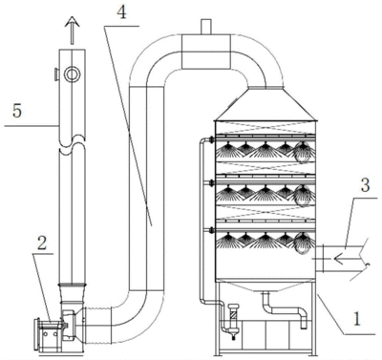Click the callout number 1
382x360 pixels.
(x=357, y=319)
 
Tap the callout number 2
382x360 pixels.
(x=42, y=244)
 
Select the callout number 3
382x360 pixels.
(x=365, y=185)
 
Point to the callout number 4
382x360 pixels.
(x=121, y=12)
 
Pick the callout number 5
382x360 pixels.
(x=17, y=111)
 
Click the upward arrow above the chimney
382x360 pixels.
(x=72, y=31)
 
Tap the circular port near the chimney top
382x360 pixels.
(x=72, y=74)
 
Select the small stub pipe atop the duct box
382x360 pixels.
(x=205, y=27)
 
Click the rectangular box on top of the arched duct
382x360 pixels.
(x=205, y=52)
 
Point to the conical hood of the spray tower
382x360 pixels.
(x=265, y=104)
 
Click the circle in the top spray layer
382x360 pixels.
(x=302, y=153)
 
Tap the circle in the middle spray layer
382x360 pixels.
(x=302, y=196)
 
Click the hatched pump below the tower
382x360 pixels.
(x=234, y=319)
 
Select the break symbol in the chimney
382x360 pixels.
(x=73, y=145)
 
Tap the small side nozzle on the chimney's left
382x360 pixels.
(x=56, y=74)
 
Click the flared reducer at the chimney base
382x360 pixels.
(x=72, y=292)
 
